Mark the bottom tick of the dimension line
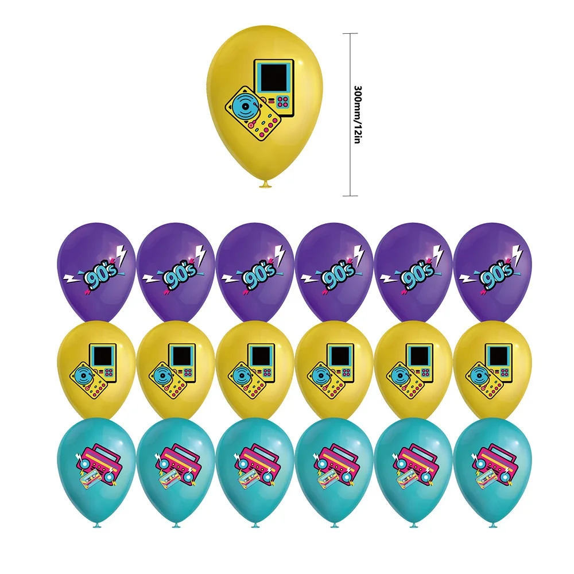[x=350, y=196]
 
